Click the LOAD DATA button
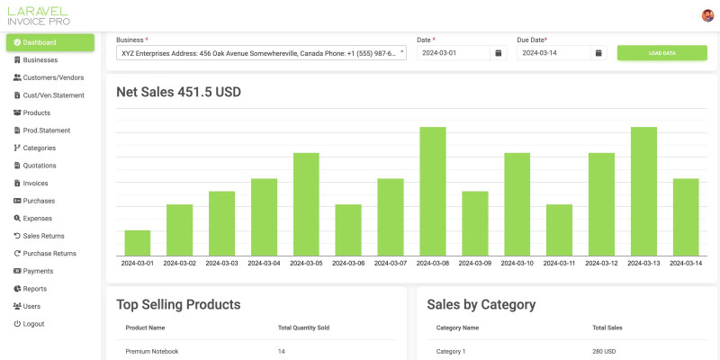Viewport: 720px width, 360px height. point(661,53)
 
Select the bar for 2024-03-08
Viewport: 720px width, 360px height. point(433,191)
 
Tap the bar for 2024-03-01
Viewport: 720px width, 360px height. point(138,243)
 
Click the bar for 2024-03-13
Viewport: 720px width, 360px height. point(643,191)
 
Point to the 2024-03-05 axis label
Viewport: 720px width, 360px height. point(306,264)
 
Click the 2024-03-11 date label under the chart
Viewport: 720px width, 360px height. point(559,264)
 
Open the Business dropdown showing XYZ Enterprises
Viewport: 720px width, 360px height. point(261,53)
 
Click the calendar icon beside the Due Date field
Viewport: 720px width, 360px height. point(598,53)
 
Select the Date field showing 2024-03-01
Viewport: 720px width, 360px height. point(454,53)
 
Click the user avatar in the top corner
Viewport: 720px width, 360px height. point(707,15)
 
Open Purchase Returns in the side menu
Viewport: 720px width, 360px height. point(44,254)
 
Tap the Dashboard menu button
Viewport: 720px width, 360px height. point(50,42)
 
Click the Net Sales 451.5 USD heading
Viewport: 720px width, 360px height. point(178,93)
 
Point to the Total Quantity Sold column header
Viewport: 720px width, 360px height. point(303,328)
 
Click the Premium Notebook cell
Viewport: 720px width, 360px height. point(152,351)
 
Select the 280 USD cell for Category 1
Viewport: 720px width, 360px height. point(604,351)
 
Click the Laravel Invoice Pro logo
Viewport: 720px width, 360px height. point(39,16)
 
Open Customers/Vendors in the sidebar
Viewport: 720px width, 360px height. point(49,77)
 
